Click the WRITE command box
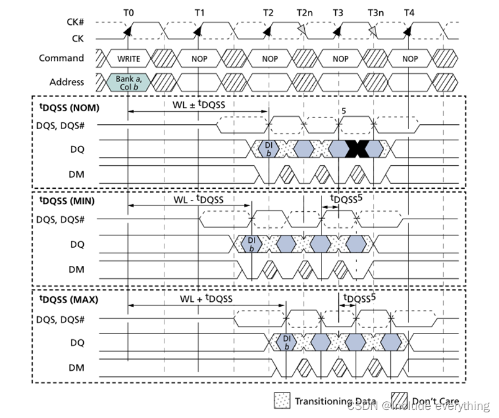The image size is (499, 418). click(x=128, y=59)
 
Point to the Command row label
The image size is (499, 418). click(x=61, y=58)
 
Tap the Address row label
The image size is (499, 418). click(x=66, y=82)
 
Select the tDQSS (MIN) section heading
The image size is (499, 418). click(x=66, y=201)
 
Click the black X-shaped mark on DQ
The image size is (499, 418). click(x=357, y=148)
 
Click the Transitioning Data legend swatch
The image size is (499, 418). click(x=282, y=401)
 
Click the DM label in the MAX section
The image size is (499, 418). click(x=76, y=367)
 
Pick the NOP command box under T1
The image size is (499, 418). click(x=199, y=59)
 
